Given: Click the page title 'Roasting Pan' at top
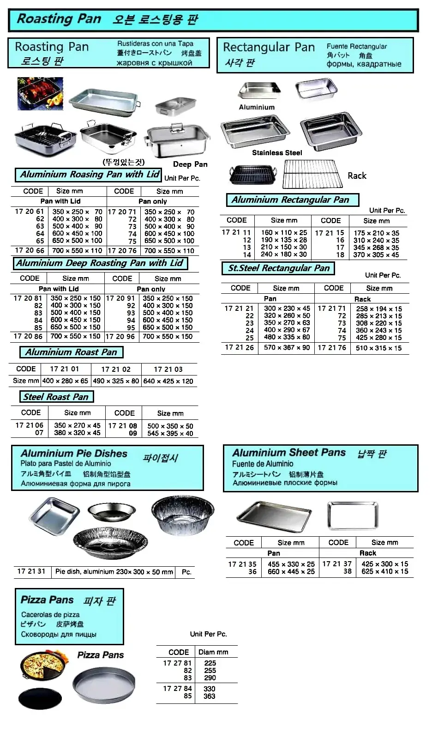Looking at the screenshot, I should point(59,19).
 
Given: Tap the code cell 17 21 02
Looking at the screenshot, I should point(116,369).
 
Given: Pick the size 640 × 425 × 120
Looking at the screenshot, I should point(168,381).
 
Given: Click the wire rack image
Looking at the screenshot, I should point(312,174).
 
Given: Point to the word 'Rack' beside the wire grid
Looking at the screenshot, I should point(357,176).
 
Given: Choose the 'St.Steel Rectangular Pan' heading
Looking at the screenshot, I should point(279,268).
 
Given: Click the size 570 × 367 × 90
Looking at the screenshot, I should point(287,347).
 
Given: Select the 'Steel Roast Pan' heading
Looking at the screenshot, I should point(56,397).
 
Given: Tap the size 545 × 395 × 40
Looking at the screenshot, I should point(170,433).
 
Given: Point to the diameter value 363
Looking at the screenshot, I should point(210,696).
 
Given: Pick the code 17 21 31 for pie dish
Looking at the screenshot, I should point(31,571).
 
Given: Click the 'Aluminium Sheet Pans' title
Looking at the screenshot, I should point(289,453).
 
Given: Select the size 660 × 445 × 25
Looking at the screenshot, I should point(291,571).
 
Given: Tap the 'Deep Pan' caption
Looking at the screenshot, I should point(190,164).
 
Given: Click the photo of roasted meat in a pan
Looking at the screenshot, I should point(40,94).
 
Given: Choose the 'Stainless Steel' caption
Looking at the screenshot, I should point(277,153).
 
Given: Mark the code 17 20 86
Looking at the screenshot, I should point(29,336).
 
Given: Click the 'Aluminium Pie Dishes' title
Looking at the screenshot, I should point(74,454).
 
